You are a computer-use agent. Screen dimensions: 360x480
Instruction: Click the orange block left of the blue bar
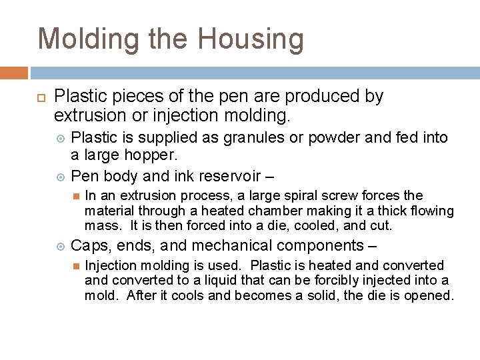pyautogui.click(x=14, y=73)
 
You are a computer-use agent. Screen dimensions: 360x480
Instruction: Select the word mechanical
pyautogui.click(x=213, y=245)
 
